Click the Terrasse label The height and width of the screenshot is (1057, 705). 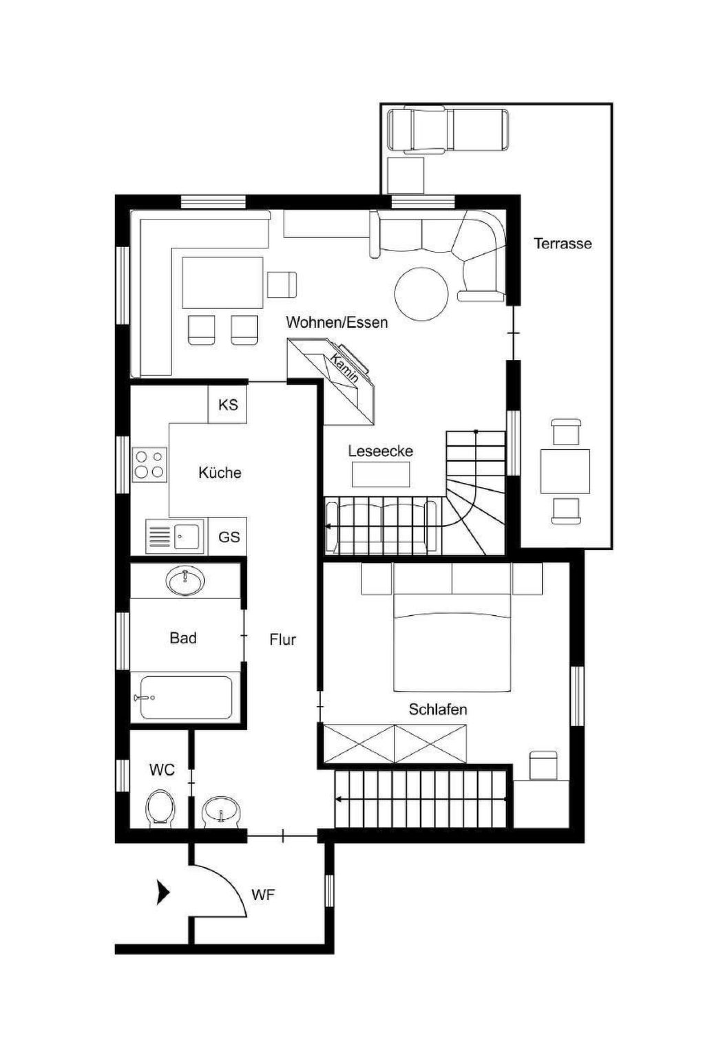562,244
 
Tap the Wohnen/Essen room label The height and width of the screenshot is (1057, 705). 337,322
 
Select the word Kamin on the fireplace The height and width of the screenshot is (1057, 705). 344,367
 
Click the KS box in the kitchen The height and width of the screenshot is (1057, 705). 228,405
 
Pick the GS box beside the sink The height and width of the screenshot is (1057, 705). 229,536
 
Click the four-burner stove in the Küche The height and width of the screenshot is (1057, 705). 149,465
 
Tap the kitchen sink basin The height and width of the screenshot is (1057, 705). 186,536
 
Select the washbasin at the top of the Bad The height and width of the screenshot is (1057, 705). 186,580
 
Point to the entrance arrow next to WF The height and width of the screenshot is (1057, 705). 163,893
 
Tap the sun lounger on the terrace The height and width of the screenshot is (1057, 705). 448,129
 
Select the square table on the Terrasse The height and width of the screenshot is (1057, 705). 565,471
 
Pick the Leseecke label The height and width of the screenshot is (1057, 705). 381,451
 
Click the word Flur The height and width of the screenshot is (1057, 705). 283,639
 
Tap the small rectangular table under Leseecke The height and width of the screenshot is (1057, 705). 381,473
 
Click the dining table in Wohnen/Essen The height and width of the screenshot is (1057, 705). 222,282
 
